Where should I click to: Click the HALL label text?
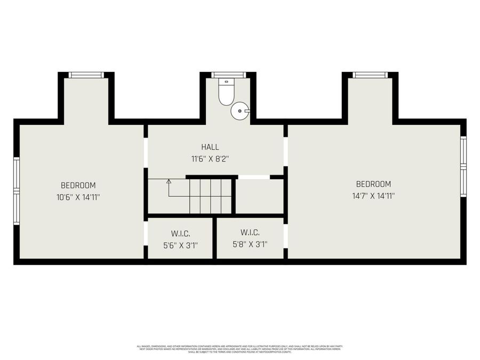pos(210,147)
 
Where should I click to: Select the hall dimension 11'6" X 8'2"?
pos(210,158)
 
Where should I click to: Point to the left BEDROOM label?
pos(78,186)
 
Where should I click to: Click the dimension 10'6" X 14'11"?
pos(78,197)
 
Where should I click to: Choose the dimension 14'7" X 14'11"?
pos(373,195)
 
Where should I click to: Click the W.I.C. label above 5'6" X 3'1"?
pos(180,234)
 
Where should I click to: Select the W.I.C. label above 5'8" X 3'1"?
pos(250,233)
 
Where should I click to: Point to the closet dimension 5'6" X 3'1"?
pos(180,245)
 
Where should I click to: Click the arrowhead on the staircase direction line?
pos(169,181)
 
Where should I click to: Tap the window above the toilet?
pos(228,75)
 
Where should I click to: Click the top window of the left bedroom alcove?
pos(86,75)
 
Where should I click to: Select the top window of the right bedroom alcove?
pos(370,75)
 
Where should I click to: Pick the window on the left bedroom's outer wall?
pos(17,190)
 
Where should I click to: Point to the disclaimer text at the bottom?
pos(239,349)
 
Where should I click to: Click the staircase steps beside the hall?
pos(211,196)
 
